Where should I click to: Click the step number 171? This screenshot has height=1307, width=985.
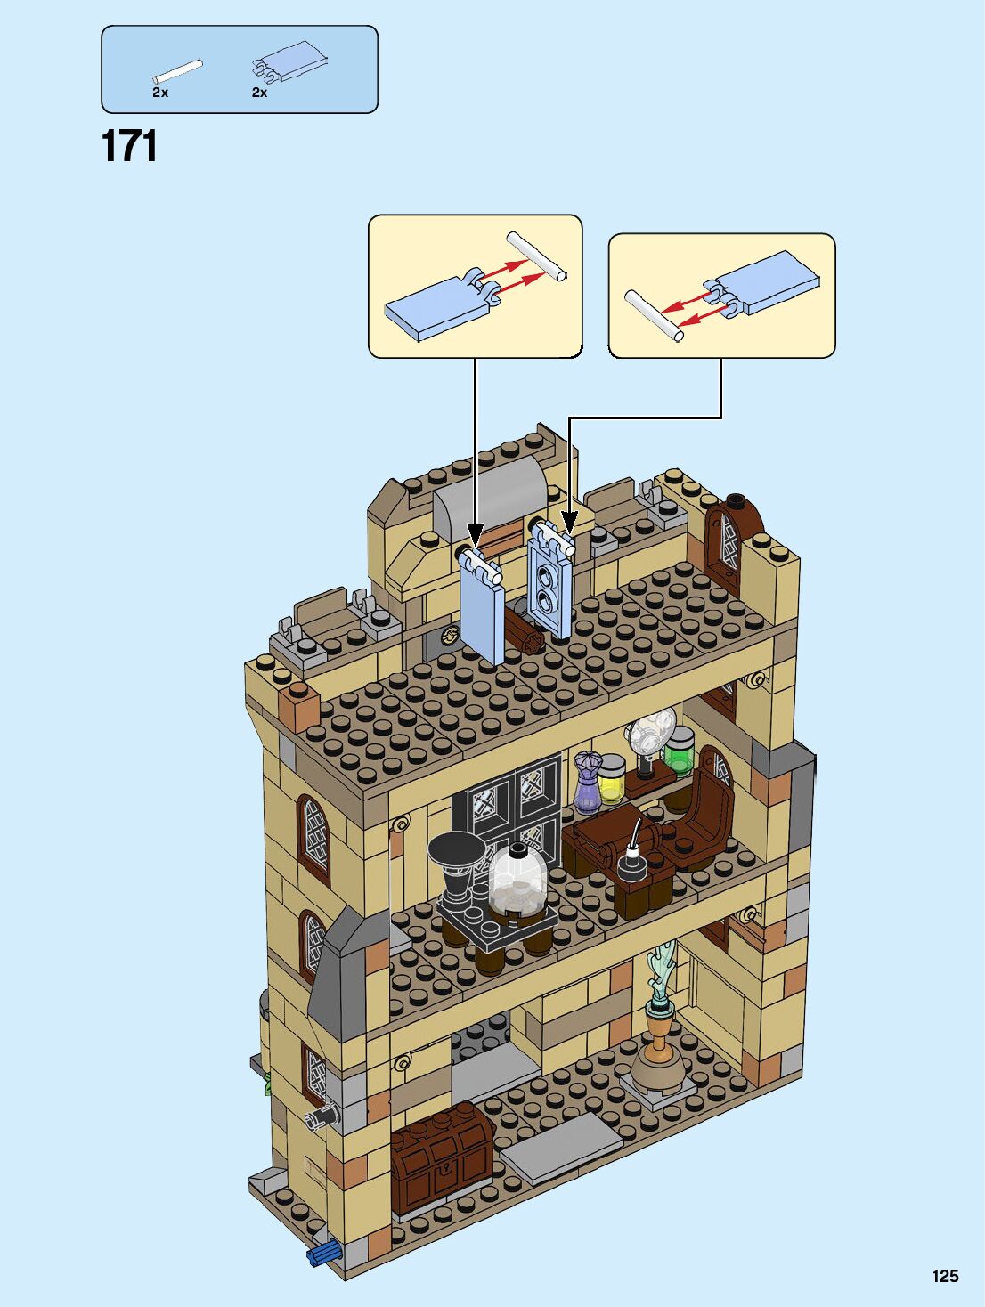129,146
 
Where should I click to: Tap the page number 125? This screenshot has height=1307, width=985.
945,1276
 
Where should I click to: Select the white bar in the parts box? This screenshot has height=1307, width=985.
177,71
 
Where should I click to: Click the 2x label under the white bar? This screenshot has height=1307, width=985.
160,93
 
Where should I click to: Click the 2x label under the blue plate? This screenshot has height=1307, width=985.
259,93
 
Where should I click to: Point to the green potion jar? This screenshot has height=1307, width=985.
679,750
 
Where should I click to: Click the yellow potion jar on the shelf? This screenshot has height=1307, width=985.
611,779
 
